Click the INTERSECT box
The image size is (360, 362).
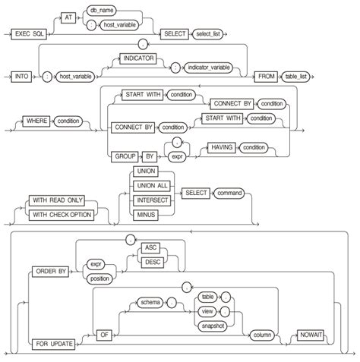150,200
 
